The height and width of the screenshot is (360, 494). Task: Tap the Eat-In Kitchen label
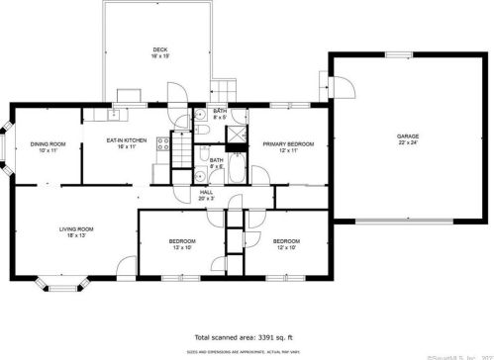coord(127,143)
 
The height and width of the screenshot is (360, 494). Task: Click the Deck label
coord(159,52)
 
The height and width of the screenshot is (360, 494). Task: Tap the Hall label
coord(206,195)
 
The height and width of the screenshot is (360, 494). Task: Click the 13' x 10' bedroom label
coord(181,244)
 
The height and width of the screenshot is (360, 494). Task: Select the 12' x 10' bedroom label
coord(286,244)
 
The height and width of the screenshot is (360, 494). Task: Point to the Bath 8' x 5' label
coord(220,114)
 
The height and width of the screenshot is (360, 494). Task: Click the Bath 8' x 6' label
coord(216,162)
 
